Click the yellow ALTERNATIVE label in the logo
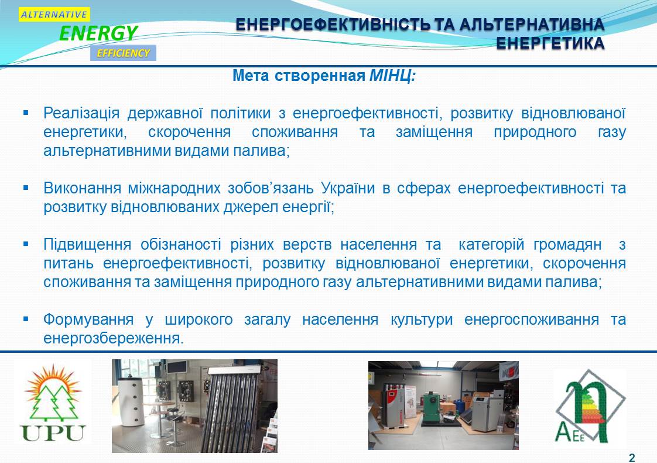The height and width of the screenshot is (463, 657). tap(54, 14)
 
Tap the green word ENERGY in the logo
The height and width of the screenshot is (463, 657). tap(98, 33)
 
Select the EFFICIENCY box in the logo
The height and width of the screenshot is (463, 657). tap(123, 53)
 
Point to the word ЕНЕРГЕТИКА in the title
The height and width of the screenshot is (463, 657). tap(550, 43)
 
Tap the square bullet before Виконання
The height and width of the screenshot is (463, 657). tap(26, 188)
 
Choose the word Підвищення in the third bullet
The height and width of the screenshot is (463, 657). tap(87, 244)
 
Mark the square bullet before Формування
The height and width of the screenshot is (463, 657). tap(26, 319)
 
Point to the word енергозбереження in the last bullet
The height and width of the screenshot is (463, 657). tap(113, 338)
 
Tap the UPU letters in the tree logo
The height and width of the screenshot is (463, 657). tap(53, 433)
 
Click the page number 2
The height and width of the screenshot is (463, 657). tap(632, 458)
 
